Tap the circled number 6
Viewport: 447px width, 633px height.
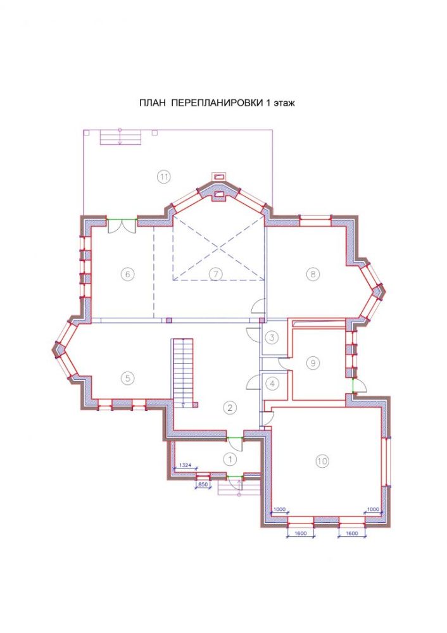click(x=127, y=274)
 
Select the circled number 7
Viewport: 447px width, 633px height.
click(x=216, y=274)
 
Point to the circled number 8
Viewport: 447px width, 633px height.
click(x=313, y=274)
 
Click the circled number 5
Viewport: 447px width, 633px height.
click(x=127, y=379)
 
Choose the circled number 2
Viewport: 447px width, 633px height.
click(x=229, y=407)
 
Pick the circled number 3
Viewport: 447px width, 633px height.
click(x=272, y=337)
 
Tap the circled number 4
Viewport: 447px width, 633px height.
click(x=272, y=384)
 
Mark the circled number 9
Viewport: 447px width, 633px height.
click(x=313, y=363)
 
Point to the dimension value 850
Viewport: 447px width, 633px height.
click(x=203, y=484)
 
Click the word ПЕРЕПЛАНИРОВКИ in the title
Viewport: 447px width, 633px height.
click(x=216, y=103)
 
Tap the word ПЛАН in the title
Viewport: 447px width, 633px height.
click(x=153, y=103)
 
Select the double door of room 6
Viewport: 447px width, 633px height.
click(x=122, y=225)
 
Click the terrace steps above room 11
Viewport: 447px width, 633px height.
click(x=120, y=137)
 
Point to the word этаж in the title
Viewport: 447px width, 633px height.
click(x=284, y=103)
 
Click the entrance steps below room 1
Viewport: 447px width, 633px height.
click(x=238, y=487)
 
